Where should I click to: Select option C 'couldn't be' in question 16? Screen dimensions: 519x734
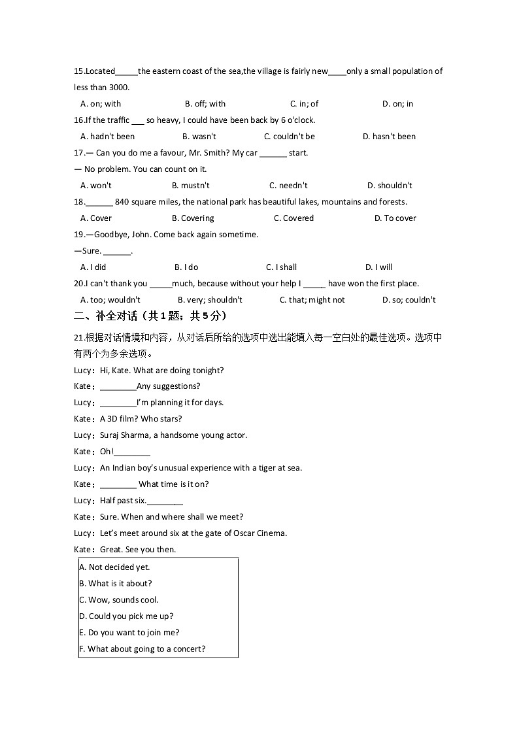click(x=289, y=137)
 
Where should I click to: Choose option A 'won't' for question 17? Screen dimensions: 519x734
click(x=95, y=186)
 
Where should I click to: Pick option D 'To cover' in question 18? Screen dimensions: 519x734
click(x=395, y=218)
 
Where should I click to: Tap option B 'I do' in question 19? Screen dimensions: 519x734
click(x=186, y=267)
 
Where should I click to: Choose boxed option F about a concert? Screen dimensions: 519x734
click(x=142, y=649)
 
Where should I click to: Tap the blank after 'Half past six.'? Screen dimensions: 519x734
click(x=165, y=501)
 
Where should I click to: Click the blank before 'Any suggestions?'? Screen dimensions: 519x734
click(x=118, y=387)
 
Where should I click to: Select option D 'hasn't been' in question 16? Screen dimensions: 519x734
click(x=389, y=137)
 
